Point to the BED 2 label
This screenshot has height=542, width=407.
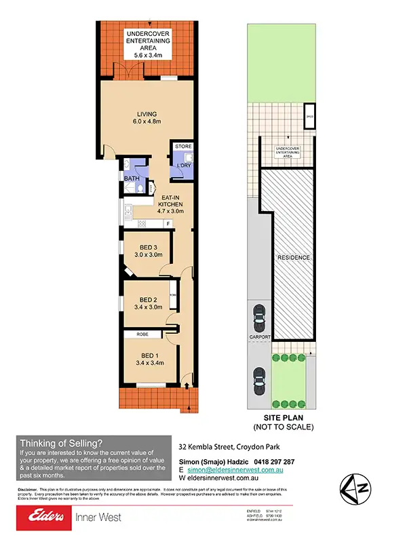tap(149, 302)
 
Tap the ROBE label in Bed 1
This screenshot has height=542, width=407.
tap(142, 334)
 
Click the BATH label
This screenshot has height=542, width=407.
tap(132, 178)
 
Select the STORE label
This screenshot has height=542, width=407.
tap(184, 147)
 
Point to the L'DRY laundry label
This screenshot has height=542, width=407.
tap(184, 166)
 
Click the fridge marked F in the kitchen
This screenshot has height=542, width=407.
tap(187, 223)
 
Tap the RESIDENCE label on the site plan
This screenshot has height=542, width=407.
tap(293, 258)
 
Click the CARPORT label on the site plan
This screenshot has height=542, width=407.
tap(259, 337)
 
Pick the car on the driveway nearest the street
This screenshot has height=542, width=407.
tap(258, 376)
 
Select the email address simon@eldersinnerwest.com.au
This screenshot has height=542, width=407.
tap(235, 469)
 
